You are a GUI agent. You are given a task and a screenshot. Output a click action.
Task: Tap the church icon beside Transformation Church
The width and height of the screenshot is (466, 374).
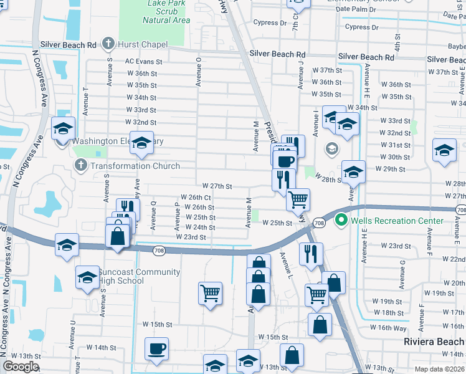point(80,166)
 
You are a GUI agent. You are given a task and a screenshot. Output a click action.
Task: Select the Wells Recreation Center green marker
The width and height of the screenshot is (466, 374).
point(341,220)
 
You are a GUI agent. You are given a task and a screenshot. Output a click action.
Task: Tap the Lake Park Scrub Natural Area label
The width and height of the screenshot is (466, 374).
point(166,11)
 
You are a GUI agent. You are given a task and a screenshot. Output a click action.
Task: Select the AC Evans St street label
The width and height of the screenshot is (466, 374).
point(143,62)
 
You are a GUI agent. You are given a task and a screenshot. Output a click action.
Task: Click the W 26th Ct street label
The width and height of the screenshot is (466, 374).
point(199,198)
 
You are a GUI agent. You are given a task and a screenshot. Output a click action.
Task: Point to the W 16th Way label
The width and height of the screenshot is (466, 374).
point(388,327)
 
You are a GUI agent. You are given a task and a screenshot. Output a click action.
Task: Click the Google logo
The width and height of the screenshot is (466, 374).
point(21,367)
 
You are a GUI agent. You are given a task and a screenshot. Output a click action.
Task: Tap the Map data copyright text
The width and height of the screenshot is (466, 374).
point(440,369)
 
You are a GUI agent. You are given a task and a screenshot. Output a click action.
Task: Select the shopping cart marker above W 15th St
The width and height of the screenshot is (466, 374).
point(211,292)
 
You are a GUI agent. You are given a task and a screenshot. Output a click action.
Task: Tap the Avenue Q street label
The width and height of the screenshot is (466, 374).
point(154,213)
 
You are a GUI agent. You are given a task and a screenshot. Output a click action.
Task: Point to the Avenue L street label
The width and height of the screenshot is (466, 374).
point(288,264)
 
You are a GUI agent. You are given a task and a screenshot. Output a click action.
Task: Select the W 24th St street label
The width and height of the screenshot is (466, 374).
point(200,228)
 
